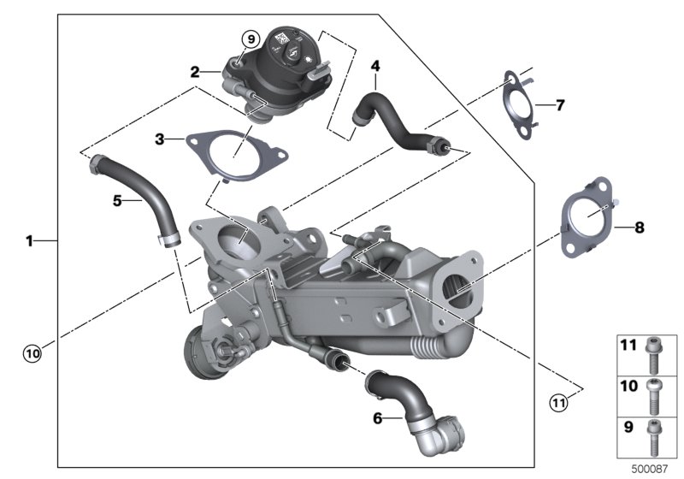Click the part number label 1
tap(29, 240)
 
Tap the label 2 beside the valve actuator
tap(195, 72)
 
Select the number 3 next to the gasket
tap(160, 139)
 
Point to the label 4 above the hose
tap(375, 66)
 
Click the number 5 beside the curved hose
tap(117, 201)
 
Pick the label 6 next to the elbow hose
tap(377, 418)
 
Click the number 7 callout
tap(560, 104)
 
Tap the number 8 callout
tap(639, 228)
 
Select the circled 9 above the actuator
tap(251, 39)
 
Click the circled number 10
tap(32, 352)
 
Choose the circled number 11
tap(558, 402)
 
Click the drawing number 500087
tap(650, 469)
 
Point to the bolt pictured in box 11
tap(653, 356)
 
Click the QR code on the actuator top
tap(282, 38)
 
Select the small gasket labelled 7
tap(519, 104)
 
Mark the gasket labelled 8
tap(587, 216)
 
